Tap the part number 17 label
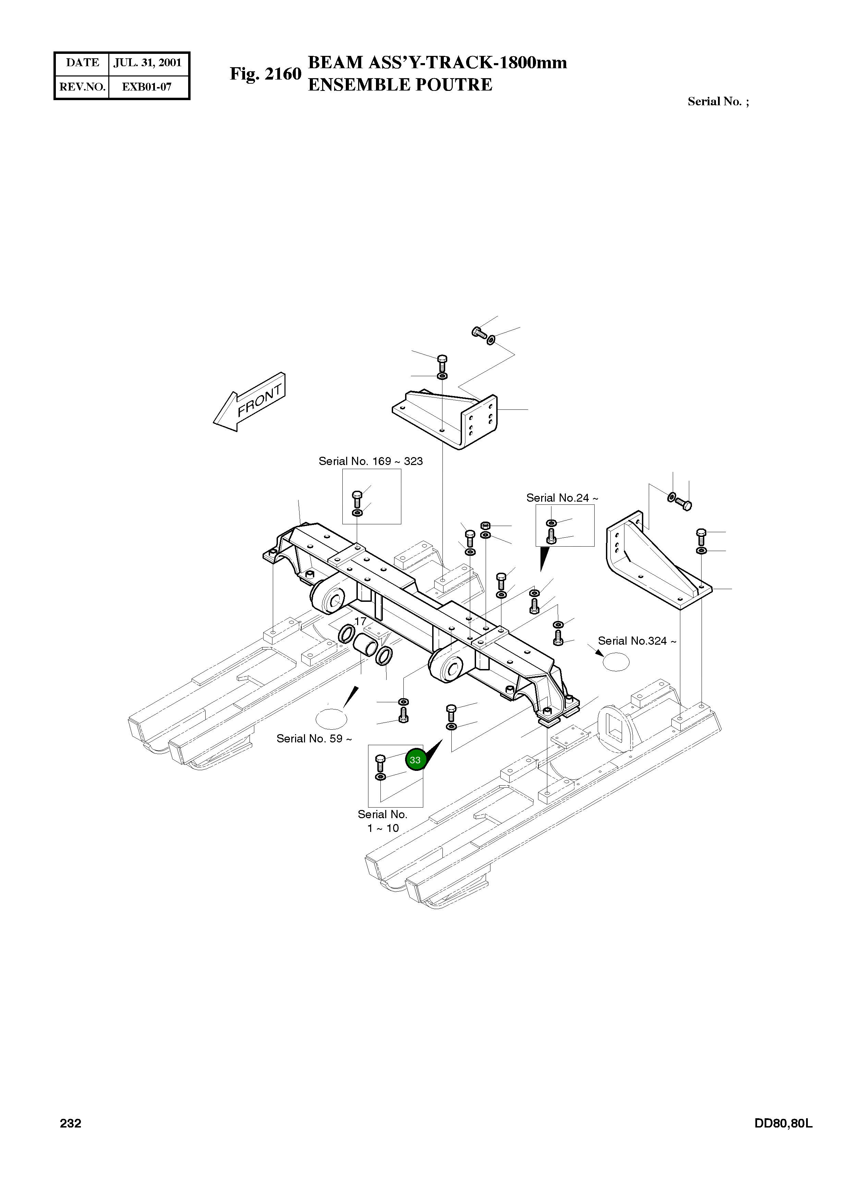tap(360, 621)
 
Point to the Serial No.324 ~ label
tap(636, 641)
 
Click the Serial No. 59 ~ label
tap(314, 738)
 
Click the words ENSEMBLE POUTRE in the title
tap(400, 85)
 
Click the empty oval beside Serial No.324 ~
tap(616, 661)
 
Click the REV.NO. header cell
tap(82, 87)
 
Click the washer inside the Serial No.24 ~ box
tap(551, 523)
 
